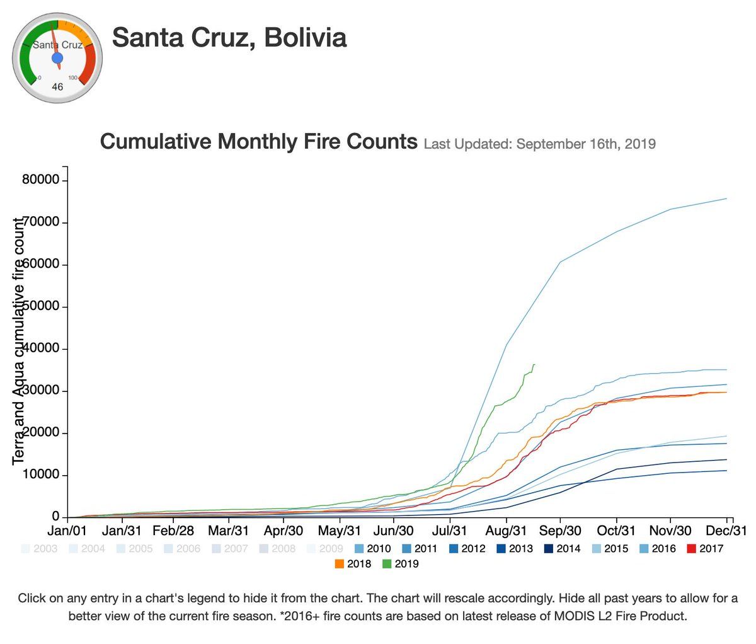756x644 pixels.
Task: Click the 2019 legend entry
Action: (401, 564)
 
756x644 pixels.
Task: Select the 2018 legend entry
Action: (353, 564)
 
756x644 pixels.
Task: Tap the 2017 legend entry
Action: (705, 549)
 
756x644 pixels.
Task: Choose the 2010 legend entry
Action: (372, 549)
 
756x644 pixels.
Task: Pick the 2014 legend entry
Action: (562, 549)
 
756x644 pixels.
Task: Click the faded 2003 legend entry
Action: (39, 549)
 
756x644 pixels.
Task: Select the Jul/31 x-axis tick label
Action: (450, 531)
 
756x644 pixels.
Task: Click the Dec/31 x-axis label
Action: (727, 531)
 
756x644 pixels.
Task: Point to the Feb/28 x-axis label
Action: (173, 531)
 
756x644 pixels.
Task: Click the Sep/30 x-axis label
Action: (560, 531)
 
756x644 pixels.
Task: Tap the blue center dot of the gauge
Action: (57, 59)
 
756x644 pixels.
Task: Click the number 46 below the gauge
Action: (57, 87)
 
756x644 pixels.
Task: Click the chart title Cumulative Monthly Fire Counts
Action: (258, 141)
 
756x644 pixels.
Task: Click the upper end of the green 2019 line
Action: (534, 364)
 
